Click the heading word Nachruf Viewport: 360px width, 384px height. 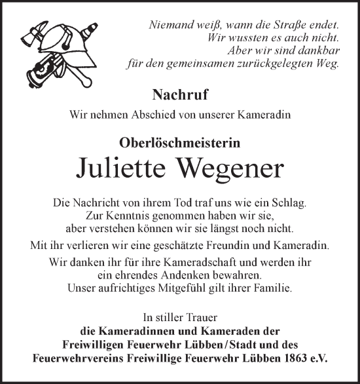point(180,94)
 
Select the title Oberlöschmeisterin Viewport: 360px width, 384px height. point(179,141)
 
